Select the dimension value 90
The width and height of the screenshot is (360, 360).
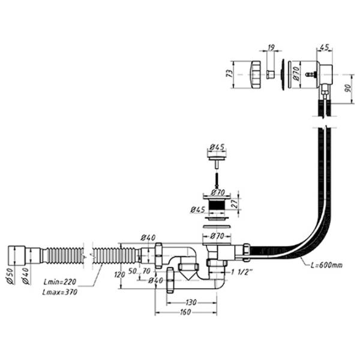pyautogui.click(x=348, y=89)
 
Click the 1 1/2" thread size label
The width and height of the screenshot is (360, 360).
pyautogui.click(x=241, y=272)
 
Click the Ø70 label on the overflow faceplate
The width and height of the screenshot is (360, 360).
pyautogui.click(x=295, y=75)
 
